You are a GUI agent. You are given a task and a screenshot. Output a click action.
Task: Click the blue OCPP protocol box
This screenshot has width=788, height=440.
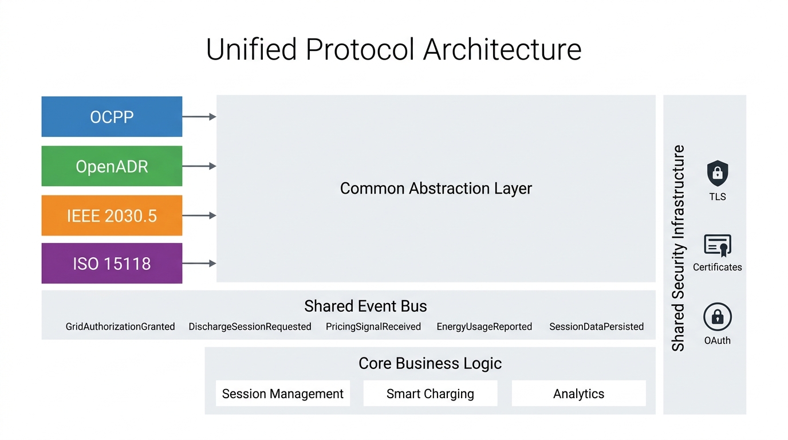[x=112, y=117]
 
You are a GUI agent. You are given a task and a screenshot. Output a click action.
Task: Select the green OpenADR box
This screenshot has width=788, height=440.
[x=112, y=166]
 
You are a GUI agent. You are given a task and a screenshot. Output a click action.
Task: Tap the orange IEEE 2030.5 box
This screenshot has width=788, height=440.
[x=112, y=215]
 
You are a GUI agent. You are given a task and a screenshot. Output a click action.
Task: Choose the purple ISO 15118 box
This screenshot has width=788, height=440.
[x=112, y=264]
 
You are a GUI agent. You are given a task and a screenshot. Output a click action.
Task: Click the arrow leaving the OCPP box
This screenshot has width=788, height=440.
[x=199, y=117]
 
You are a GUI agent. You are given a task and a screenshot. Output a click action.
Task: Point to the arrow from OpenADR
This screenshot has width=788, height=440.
[x=199, y=166]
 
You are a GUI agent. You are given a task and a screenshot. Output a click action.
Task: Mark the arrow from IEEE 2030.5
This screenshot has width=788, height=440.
[x=199, y=215]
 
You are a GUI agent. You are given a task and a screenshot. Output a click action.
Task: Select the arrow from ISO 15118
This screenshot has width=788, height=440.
[x=199, y=264]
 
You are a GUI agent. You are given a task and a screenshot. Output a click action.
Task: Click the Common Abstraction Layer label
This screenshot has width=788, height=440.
[x=436, y=188]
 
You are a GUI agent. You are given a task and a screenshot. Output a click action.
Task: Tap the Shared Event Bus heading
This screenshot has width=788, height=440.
[x=365, y=306]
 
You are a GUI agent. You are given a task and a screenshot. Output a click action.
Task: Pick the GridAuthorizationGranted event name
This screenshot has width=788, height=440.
[x=120, y=327]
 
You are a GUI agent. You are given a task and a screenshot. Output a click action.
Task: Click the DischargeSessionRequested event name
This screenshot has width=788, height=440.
[x=250, y=327]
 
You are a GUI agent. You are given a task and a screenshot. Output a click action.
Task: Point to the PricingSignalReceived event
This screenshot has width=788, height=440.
[x=373, y=327]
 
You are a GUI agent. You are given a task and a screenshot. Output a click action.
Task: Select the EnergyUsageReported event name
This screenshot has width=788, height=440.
[x=484, y=327]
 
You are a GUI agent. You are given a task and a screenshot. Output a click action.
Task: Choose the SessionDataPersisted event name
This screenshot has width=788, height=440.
[x=596, y=327]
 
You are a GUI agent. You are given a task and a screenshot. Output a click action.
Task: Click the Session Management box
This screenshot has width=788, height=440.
[x=282, y=394]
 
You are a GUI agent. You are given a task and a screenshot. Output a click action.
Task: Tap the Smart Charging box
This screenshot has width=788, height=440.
[x=430, y=394]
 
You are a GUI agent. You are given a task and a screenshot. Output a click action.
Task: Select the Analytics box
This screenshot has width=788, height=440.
[x=578, y=394]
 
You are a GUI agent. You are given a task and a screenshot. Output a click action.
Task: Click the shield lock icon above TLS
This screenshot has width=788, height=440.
[x=717, y=172]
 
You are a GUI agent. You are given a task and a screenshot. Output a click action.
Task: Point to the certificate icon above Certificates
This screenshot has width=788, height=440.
[x=717, y=246]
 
